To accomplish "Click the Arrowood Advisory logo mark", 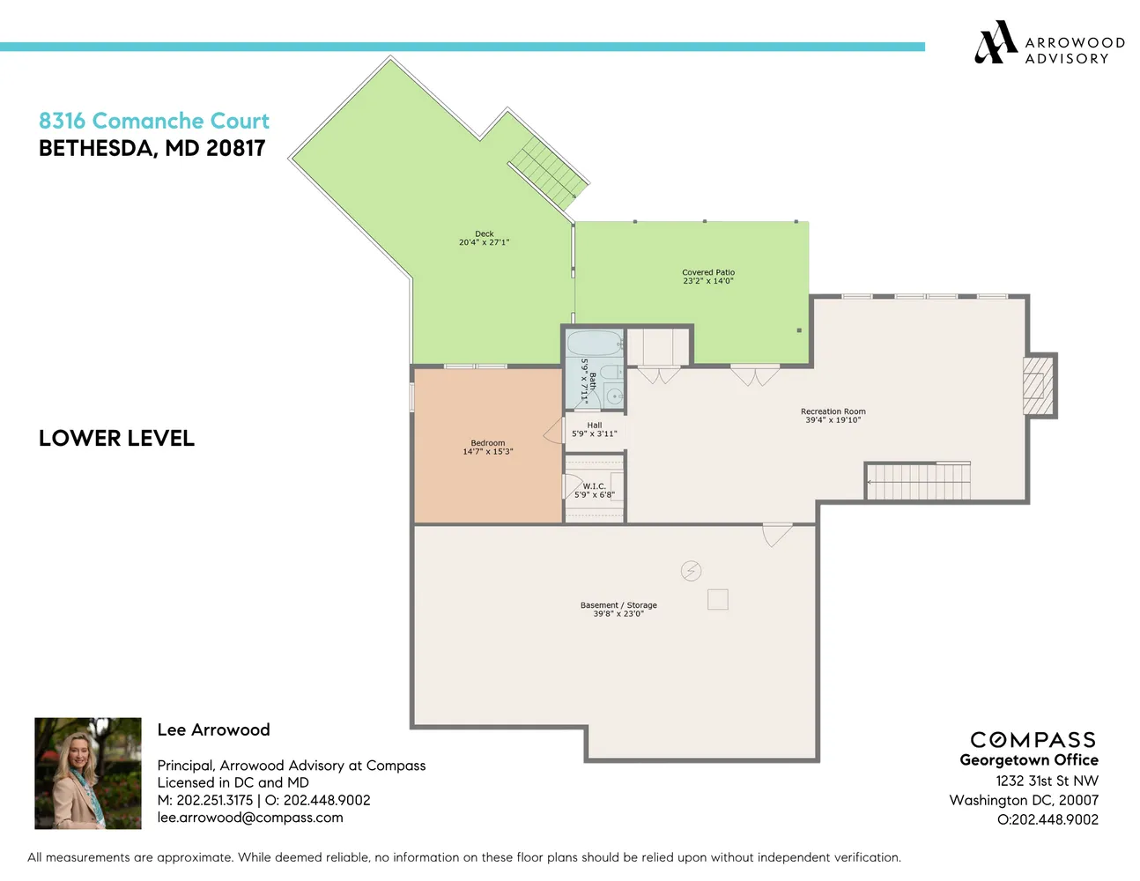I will coord(996,42).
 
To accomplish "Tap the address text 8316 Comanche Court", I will coord(154,121).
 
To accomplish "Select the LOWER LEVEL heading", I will coord(116,438).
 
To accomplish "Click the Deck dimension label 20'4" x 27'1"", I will coord(484,242).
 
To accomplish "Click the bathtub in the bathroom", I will coord(595,343).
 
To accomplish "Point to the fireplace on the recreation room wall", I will coord(1038,386).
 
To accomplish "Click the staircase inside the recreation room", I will coord(918,482).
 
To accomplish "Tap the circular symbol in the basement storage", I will coord(691,571).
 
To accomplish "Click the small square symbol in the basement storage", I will coord(718,599).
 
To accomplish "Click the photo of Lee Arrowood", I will coord(88,774).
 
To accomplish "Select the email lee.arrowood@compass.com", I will coord(250,818).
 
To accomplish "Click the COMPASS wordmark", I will coord(1033,740).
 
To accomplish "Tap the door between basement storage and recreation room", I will coord(775,534).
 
